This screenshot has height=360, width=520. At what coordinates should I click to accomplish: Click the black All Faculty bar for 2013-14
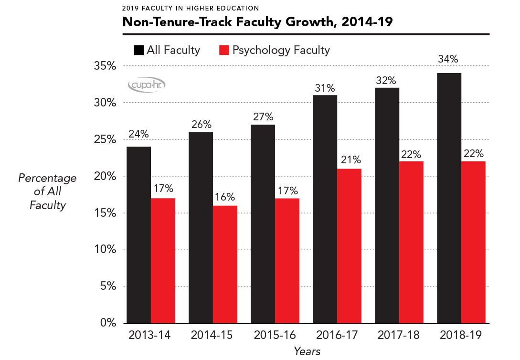[138, 234]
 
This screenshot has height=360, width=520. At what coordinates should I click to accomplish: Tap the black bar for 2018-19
[449, 198]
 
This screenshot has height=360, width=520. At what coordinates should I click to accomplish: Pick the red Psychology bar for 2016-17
[349, 245]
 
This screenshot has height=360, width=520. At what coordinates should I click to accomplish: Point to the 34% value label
[449, 60]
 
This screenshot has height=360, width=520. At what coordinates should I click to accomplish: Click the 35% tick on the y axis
[104, 66]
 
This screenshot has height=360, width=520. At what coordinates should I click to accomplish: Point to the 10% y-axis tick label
[104, 250]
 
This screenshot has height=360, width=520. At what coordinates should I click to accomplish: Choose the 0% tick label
[107, 323]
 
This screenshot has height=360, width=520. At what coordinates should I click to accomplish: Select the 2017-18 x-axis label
[399, 335]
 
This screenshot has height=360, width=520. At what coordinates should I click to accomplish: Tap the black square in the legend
[139, 50]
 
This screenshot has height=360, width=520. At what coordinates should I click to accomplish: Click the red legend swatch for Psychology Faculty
[223, 50]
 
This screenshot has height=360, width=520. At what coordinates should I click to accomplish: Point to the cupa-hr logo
[147, 85]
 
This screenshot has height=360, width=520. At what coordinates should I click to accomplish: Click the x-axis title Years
[307, 351]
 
